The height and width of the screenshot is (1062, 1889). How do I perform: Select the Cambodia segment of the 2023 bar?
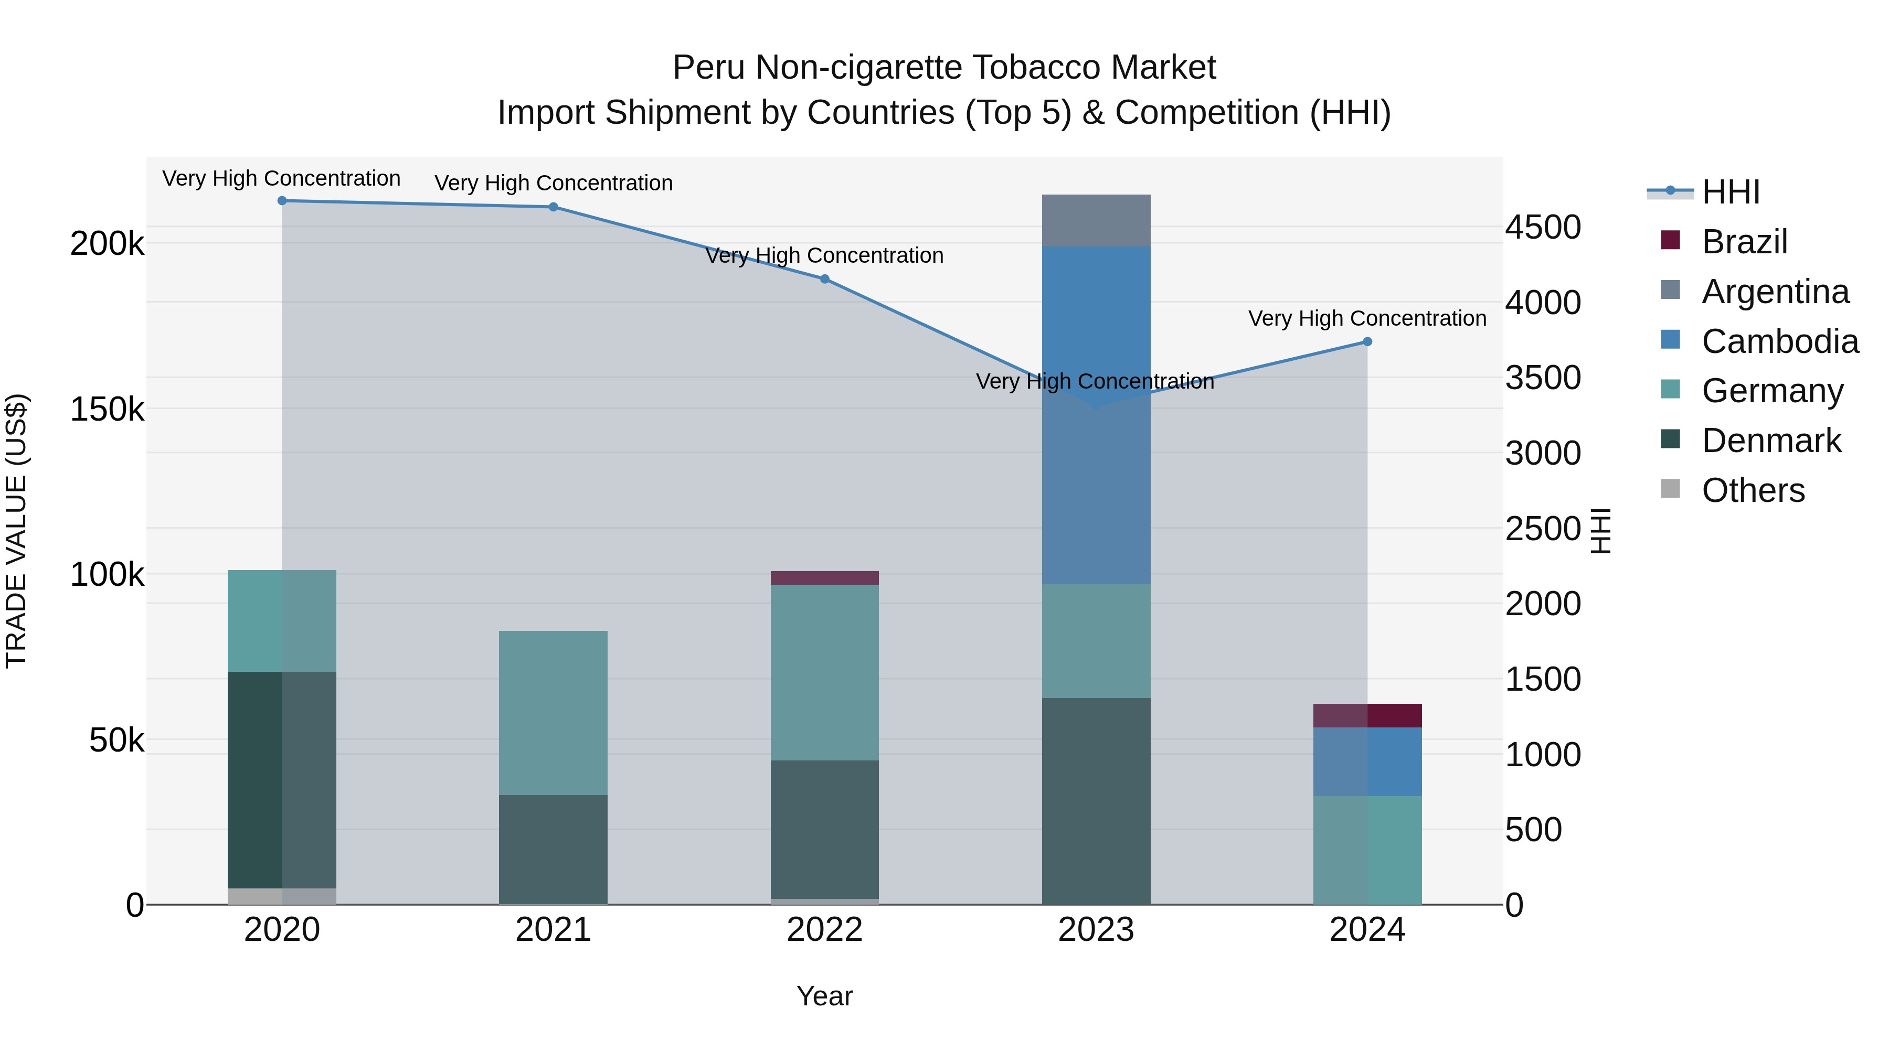1096,414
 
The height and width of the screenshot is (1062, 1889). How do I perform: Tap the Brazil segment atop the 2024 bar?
1367,715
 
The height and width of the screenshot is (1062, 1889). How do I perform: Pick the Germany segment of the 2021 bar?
553,712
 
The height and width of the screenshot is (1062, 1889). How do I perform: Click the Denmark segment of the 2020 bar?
282,779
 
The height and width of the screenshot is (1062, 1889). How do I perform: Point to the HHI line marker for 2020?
282,201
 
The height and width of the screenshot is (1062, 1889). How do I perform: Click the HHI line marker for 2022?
824,279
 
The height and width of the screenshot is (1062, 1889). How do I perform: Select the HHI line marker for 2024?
1367,341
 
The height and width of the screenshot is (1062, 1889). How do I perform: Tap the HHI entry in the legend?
1730,192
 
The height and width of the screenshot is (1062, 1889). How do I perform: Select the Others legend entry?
1753,490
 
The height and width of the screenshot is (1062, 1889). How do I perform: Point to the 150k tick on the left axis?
107,409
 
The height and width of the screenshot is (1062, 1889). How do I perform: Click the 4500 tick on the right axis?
1543,227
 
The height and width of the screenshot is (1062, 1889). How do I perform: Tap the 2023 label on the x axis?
1096,930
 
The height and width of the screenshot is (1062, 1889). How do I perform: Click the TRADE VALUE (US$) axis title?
16,531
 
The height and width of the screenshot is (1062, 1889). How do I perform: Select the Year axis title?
824,996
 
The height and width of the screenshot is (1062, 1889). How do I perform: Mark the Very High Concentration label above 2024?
1367,319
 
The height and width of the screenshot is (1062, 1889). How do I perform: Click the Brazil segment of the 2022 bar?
824,577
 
